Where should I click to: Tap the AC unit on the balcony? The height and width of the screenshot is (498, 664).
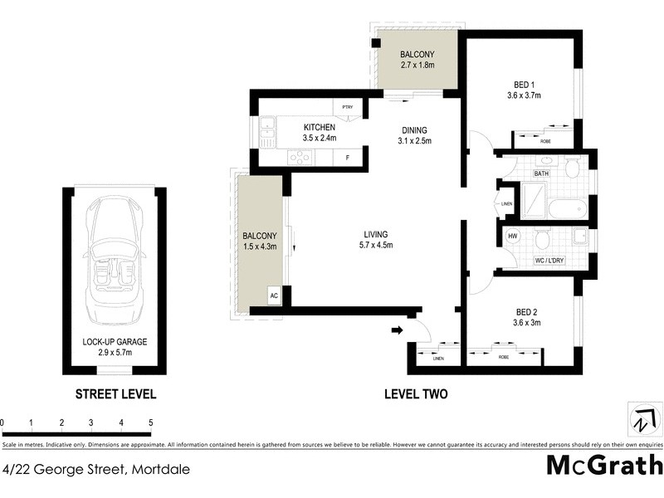(273, 295)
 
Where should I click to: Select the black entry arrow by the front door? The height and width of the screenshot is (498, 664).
(397, 330)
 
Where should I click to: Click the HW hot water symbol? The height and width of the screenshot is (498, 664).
(514, 236)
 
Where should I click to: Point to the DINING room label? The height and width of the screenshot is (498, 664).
(414, 130)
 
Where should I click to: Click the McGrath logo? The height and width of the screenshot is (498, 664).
(603, 465)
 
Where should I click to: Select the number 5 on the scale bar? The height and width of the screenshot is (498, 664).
(150, 423)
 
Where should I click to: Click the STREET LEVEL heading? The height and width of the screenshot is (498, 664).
(115, 394)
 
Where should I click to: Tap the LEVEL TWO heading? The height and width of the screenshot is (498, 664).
(415, 394)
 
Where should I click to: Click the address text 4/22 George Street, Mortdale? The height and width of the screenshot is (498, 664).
(95, 469)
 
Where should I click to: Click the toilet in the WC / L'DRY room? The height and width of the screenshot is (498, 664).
(542, 241)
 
